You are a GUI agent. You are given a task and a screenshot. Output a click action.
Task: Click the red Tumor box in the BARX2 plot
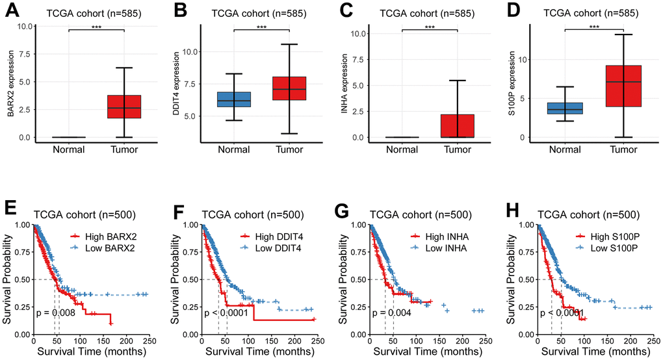tap(124, 107)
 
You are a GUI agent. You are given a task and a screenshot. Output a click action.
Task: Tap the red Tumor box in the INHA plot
tap(458, 125)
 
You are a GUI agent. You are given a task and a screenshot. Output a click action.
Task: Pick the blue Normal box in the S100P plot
tap(565, 108)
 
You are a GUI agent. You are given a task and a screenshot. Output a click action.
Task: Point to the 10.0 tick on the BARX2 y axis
tap(23, 27)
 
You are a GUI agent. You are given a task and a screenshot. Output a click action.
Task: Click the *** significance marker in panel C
tap(430, 28)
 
